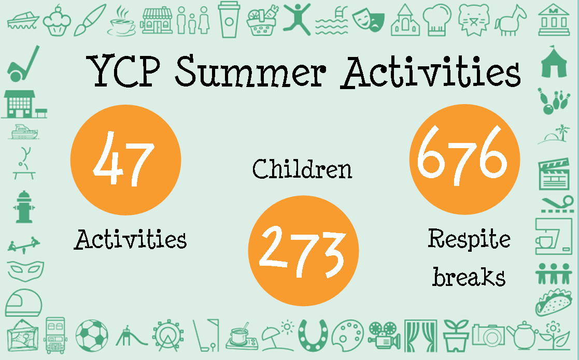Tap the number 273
pos(303,251)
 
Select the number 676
pos(462,154)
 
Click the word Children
pos(302,169)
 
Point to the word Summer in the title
pos(251,71)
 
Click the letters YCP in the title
pos(124,71)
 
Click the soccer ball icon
pos(92,336)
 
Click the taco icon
pos(554,303)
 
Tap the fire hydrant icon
pos(24,207)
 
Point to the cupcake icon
pos(57,21)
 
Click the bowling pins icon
pos(553,100)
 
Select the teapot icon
pos(522,335)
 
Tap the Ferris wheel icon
pos(168,335)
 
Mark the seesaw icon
pos(24,244)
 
